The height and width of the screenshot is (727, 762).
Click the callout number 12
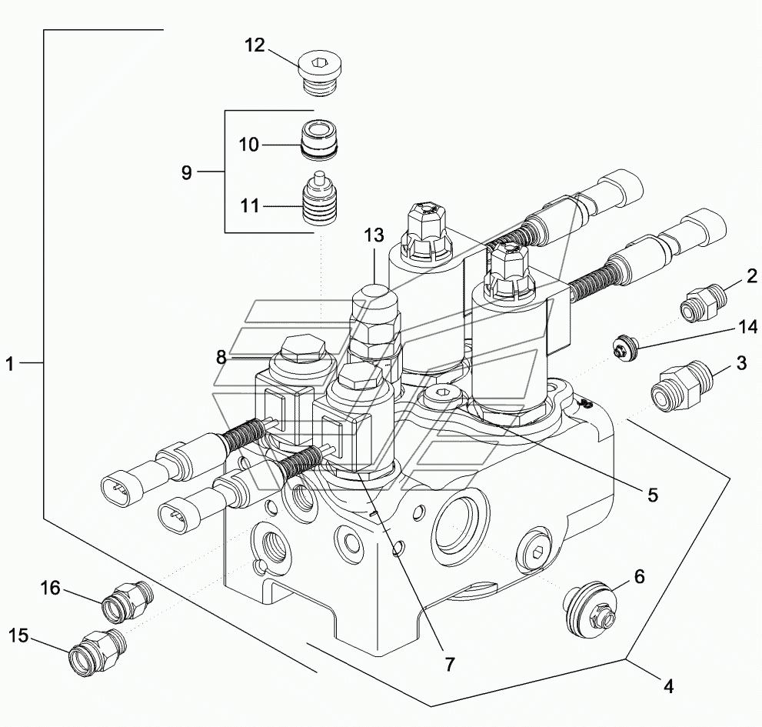pos(255,45)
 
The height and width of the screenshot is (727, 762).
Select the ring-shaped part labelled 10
pos(320,139)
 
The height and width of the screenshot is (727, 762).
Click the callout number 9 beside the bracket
pos(187,172)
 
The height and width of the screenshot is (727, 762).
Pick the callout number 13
pos(374,236)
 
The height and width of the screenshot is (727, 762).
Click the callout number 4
pos(669,686)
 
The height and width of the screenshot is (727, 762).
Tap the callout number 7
pos(450,664)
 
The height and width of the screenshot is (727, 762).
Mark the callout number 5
pos(652,495)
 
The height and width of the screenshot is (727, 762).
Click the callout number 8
pos(221,358)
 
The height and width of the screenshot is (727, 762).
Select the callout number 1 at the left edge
pos(10,364)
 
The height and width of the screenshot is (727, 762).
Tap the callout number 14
pos(747,327)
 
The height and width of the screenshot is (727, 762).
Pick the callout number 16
pos(50,589)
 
